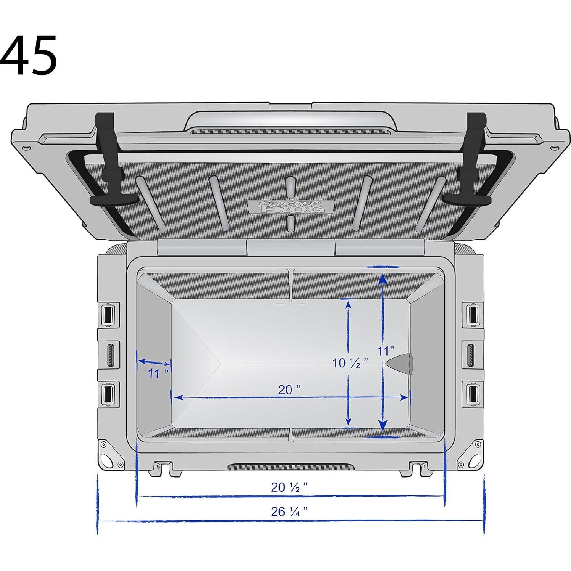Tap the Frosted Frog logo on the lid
pos(291,206)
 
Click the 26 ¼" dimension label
pos(289,511)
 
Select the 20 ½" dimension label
pos(289,487)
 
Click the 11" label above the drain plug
pos(385,351)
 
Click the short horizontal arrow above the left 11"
pos(154,362)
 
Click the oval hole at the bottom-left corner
pos(108,460)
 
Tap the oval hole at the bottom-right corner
pos(473,460)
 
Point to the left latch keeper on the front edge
pos(163,468)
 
